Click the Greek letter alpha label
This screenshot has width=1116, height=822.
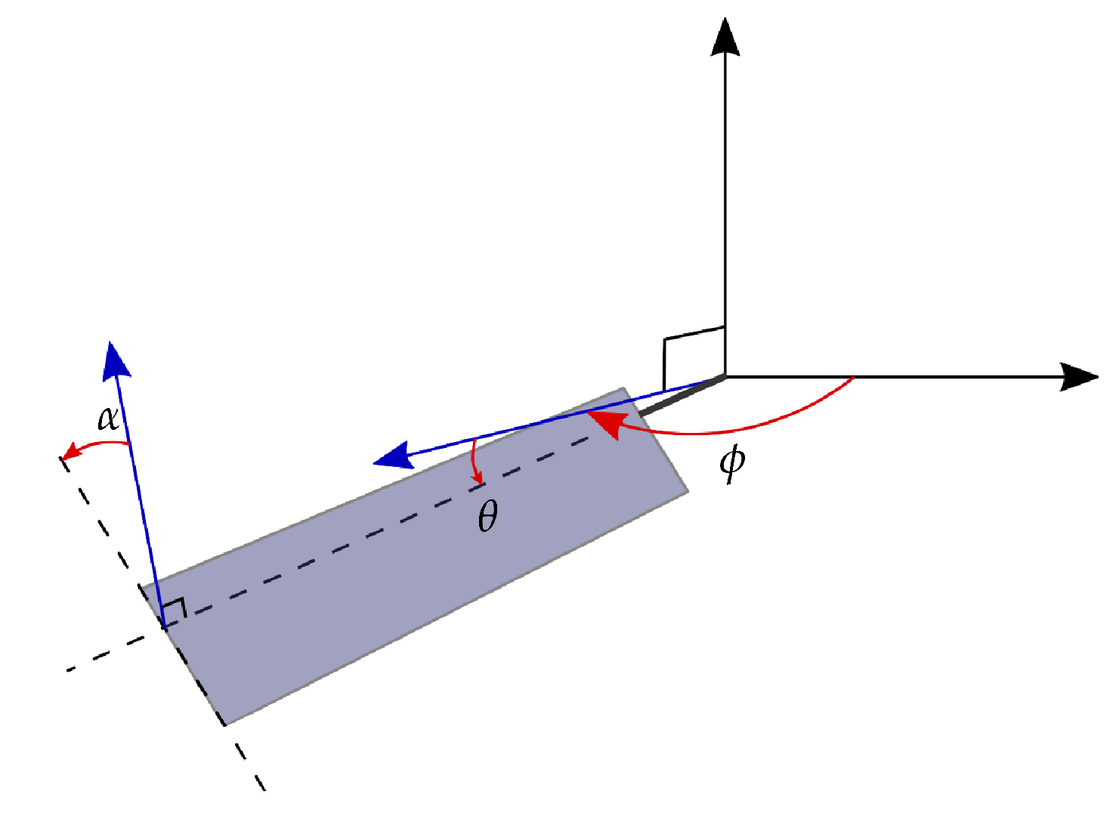[109, 418]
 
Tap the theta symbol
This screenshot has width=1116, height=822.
[488, 518]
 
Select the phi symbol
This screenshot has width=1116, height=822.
[732, 462]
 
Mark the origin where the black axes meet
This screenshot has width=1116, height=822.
[725, 376]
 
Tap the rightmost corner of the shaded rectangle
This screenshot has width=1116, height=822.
[688, 492]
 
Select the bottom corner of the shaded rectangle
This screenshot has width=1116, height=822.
[225, 725]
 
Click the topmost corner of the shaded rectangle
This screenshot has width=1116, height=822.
[623, 389]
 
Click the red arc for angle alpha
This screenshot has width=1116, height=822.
[102, 443]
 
